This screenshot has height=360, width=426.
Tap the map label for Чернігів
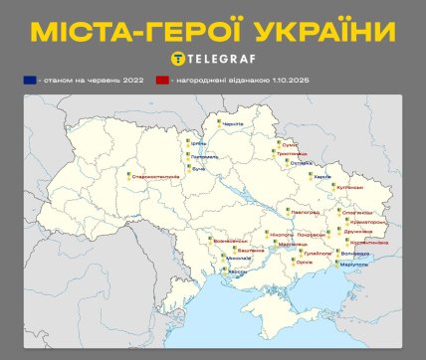231,124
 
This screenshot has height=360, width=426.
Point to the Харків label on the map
322,176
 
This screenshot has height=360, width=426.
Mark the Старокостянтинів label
155,177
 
